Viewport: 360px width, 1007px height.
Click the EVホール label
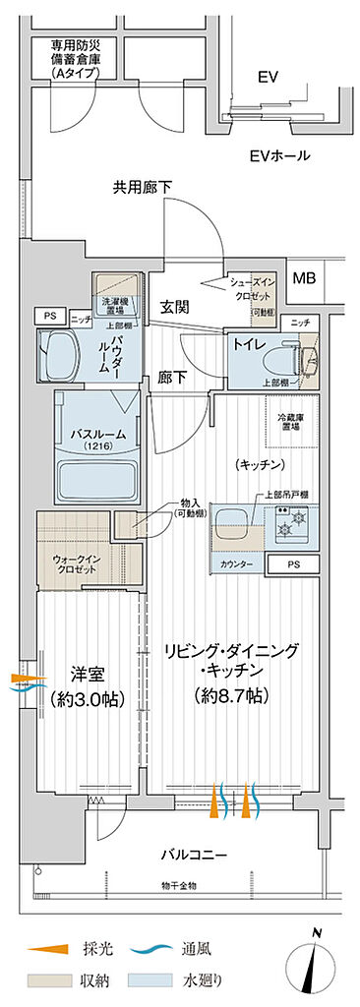tap(279, 155)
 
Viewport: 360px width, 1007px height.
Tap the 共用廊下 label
tap(145, 184)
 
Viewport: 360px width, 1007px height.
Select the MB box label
tap(304, 277)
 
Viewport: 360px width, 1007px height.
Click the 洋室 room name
tap(90, 675)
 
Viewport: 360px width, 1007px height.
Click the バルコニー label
tap(194, 855)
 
